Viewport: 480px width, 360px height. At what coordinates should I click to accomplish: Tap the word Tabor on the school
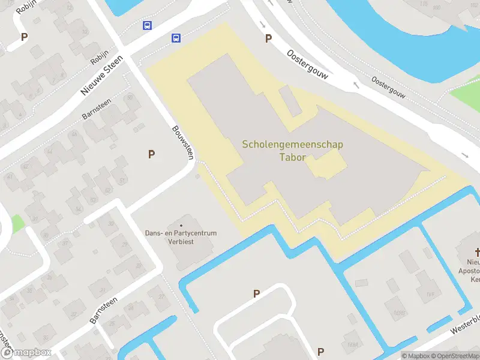click(293, 158)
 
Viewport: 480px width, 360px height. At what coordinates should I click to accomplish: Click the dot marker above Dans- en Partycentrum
click(181, 225)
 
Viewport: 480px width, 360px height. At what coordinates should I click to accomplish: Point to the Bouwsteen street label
click(183, 142)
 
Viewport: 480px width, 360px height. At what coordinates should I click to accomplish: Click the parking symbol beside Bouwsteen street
click(152, 155)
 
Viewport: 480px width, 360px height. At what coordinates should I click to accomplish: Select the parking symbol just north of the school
click(268, 38)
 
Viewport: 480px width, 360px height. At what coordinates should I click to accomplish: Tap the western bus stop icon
click(147, 26)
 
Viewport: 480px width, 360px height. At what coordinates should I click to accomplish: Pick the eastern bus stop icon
click(176, 38)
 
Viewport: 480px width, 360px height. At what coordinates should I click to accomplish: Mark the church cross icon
click(478, 253)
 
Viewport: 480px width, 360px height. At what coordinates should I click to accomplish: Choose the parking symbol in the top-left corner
click(25, 37)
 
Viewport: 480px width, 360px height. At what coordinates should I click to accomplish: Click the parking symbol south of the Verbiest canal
click(256, 293)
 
